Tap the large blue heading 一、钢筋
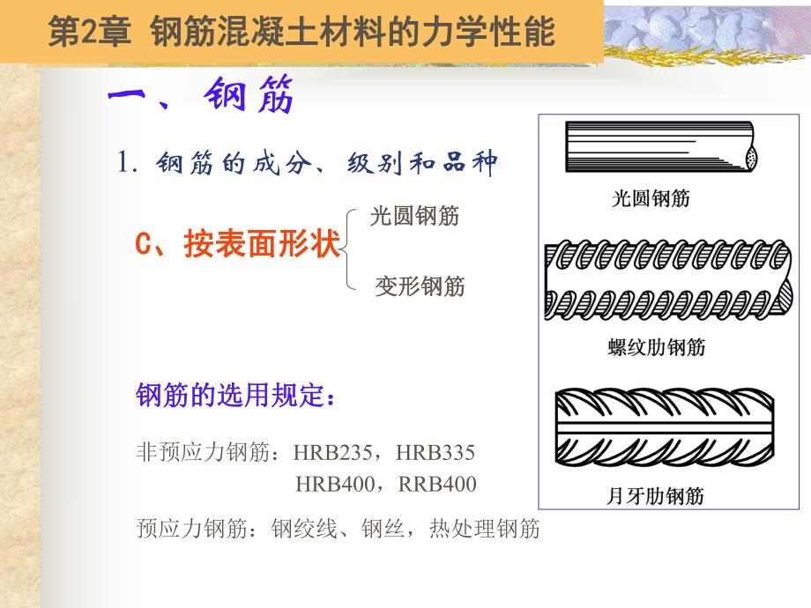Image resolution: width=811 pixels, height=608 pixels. tap(201, 96)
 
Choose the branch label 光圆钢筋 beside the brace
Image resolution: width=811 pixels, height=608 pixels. tap(414, 216)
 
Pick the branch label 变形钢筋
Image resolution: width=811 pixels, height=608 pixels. tap(420, 287)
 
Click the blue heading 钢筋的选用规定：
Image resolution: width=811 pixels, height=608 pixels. tap(236, 397)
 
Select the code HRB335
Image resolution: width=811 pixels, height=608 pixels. tap(435, 454)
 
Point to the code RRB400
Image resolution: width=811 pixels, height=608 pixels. tap(437, 484)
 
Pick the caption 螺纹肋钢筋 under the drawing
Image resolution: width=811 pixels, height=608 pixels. tap(657, 346)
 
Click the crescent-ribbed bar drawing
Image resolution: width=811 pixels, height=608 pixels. tap(661, 433)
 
